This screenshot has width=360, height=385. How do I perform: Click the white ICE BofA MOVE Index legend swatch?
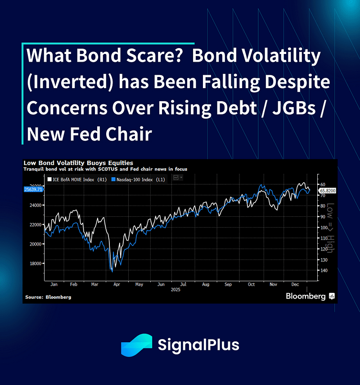click(x=49, y=179)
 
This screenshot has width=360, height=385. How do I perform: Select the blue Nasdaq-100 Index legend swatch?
click(x=113, y=179)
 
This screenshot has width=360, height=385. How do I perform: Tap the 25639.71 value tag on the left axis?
click(x=33, y=189)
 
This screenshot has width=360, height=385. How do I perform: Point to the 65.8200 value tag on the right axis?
click(x=328, y=191)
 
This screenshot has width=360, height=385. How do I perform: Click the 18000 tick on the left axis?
click(x=36, y=264)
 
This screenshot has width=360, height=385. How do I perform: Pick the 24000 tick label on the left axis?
click(x=36, y=205)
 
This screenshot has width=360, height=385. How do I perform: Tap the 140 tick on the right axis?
click(x=324, y=270)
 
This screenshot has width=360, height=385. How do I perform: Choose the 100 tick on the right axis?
click(x=324, y=228)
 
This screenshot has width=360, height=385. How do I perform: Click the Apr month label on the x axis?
click(x=117, y=284)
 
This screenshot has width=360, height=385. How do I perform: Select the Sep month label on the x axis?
click(x=228, y=284)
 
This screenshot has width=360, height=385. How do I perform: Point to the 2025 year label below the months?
click(x=175, y=290)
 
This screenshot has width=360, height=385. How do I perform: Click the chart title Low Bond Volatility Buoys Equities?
click(x=78, y=163)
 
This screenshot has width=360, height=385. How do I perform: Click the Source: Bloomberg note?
click(x=48, y=297)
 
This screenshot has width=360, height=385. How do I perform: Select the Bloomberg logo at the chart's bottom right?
click(x=310, y=296)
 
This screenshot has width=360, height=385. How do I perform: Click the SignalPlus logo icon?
click(x=137, y=345)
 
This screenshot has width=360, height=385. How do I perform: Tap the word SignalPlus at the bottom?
click(x=198, y=345)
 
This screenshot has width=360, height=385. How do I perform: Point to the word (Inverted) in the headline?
click(x=70, y=82)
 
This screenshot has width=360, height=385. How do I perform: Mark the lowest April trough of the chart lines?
click(x=112, y=272)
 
